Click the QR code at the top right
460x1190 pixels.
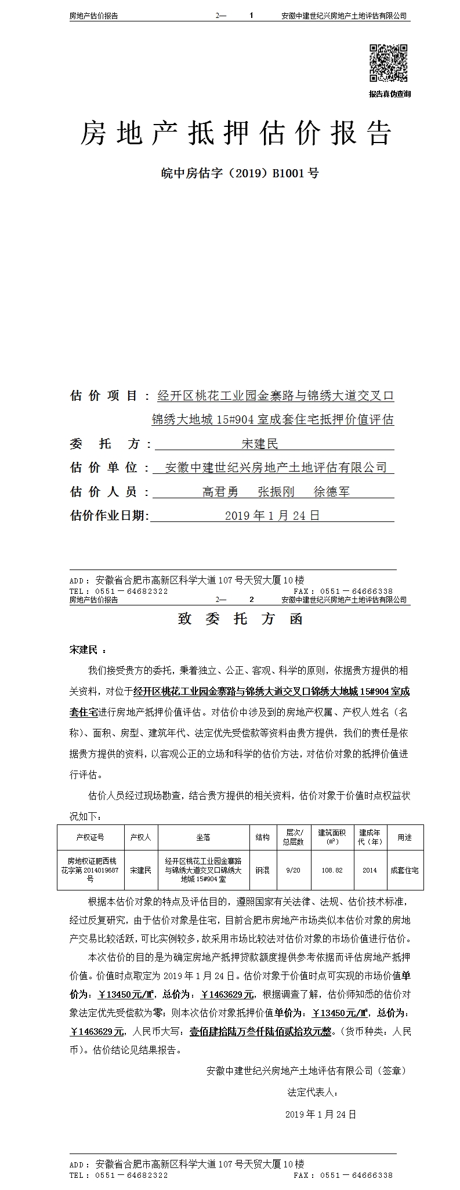click(x=389, y=63)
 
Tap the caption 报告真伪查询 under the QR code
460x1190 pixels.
click(x=389, y=94)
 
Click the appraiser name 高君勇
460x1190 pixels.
click(x=220, y=492)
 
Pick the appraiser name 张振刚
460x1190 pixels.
click(x=276, y=492)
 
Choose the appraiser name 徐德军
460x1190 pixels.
click(x=332, y=492)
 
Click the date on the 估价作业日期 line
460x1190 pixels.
click(x=272, y=516)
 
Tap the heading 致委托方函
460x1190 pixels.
click(x=240, y=619)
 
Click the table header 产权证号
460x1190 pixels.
click(x=90, y=837)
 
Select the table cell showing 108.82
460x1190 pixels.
click(x=332, y=870)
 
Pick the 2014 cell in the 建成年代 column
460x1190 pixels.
click(x=370, y=870)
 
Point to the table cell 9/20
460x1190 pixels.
click(x=294, y=870)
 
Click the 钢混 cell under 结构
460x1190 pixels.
click(x=262, y=870)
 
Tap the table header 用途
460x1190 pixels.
click(x=404, y=837)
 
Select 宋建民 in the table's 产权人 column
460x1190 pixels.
click(x=140, y=870)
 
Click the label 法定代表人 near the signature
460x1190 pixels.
click(x=312, y=1092)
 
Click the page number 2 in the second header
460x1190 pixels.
click(x=251, y=600)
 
